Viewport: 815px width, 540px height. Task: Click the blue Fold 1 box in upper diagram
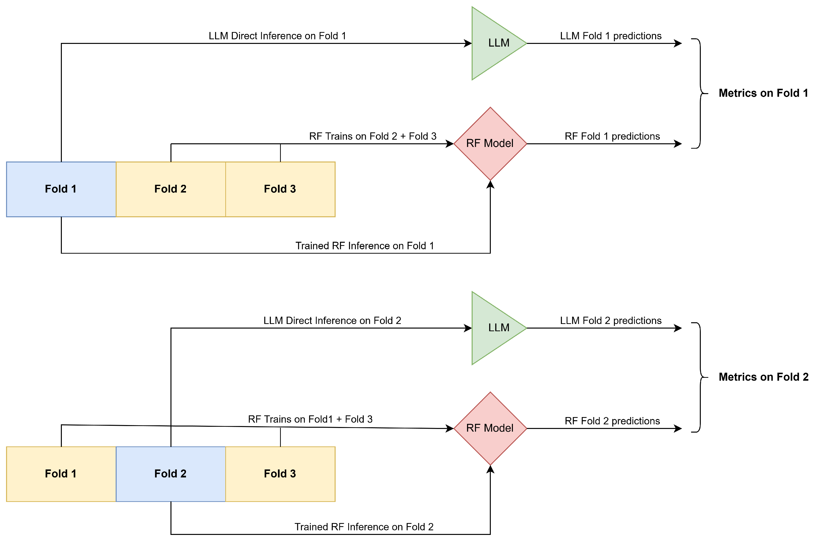[61, 189]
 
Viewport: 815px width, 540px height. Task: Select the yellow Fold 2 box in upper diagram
[170, 189]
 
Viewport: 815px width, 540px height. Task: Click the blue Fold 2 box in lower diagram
[170, 474]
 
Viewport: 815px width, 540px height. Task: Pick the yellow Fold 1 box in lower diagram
[61, 474]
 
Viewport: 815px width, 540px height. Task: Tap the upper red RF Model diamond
[490, 144]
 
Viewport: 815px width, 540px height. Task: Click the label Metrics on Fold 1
[763, 93]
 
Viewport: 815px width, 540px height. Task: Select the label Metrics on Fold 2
[763, 377]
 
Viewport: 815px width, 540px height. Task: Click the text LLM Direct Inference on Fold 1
[277, 36]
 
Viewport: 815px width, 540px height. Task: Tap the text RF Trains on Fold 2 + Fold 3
[372, 136]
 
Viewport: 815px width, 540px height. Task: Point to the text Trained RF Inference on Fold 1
[365, 246]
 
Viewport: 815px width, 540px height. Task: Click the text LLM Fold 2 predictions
[611, 320]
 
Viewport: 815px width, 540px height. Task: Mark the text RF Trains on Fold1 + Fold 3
[310, 419]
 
